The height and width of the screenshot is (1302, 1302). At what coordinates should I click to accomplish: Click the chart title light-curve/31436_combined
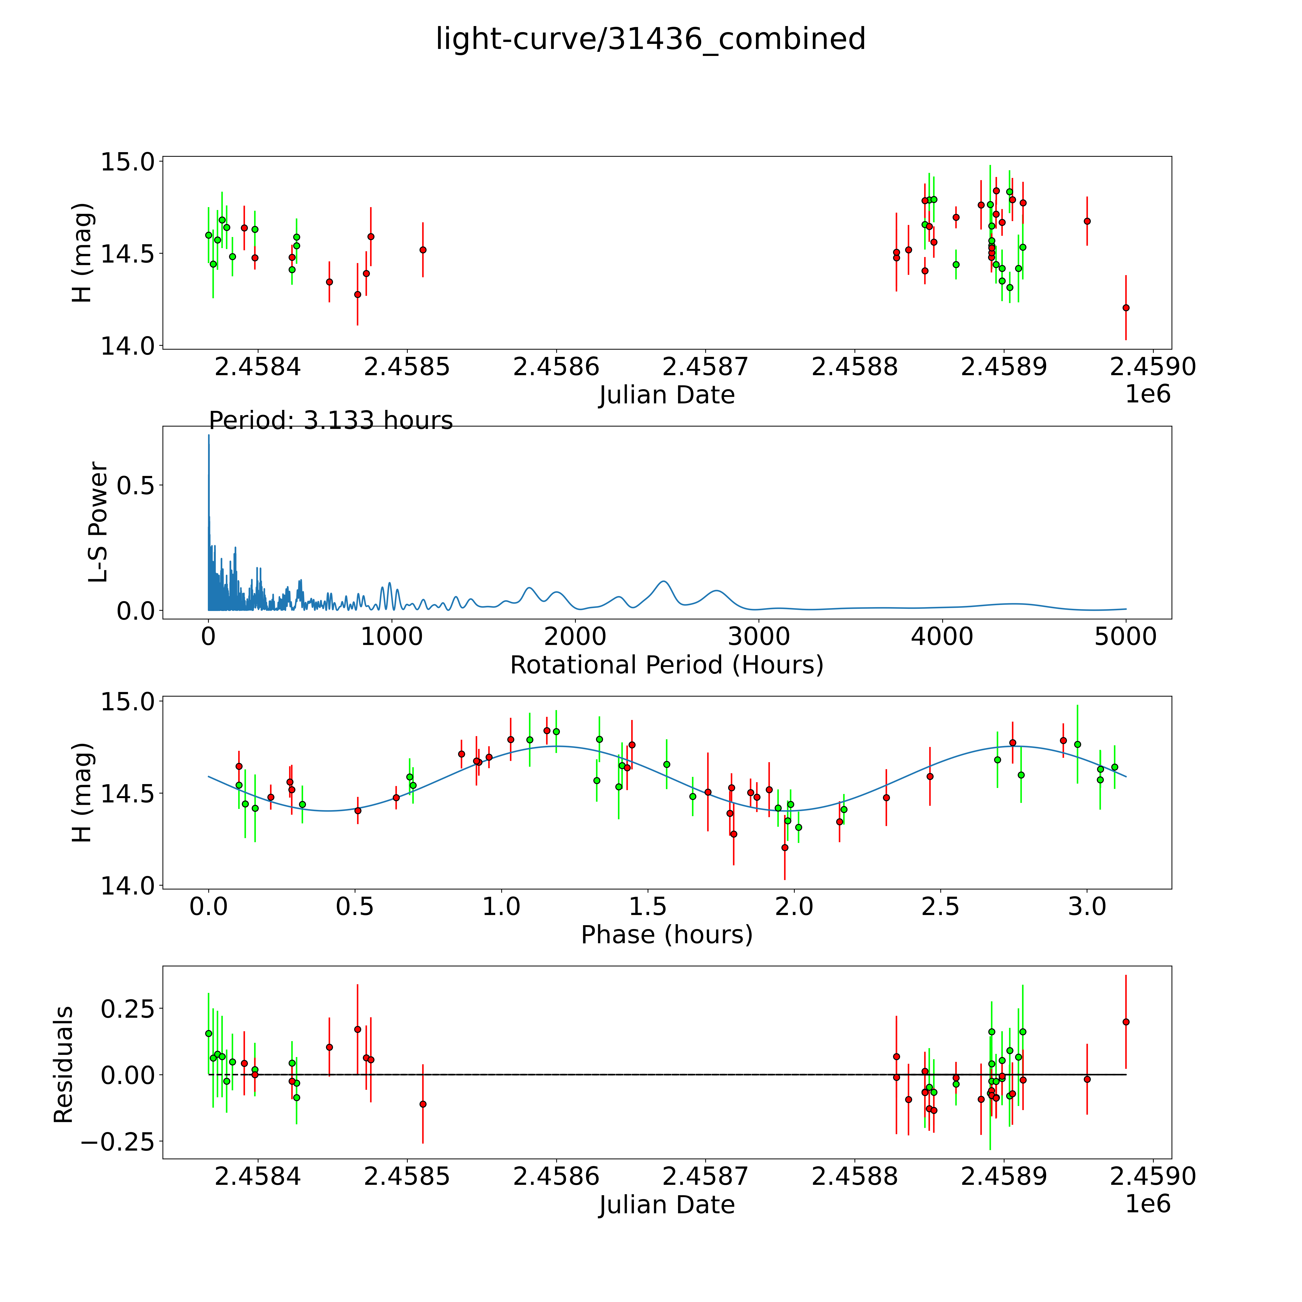tap(650, 39)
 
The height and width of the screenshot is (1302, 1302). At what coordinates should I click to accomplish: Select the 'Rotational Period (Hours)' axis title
tap(666, 665)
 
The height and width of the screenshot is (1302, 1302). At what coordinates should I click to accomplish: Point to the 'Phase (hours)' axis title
tap(666, 935)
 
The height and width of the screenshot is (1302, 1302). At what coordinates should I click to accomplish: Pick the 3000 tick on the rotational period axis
tap(759, 636)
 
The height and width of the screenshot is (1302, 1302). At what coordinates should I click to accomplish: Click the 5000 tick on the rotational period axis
tap(1126, 636)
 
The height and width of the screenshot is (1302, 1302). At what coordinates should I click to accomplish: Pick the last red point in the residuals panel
tap(1126, 1022)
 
